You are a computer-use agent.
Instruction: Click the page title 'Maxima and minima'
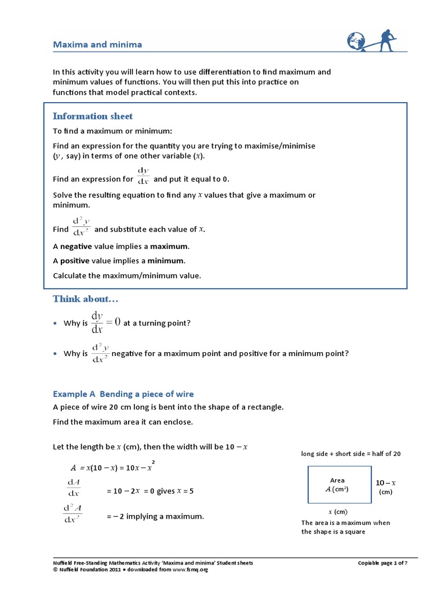97,45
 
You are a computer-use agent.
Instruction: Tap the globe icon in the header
356,41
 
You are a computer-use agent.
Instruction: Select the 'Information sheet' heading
93,116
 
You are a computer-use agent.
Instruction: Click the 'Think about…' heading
86,299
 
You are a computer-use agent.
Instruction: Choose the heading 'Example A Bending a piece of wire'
123,394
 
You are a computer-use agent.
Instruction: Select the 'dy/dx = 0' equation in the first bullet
105,323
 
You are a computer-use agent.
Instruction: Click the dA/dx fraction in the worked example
74,488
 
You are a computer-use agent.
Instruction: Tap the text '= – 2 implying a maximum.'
155,516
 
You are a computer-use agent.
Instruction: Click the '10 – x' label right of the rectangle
385,483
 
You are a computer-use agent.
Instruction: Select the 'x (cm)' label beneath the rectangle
338,512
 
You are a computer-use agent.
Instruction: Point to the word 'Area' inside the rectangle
337,480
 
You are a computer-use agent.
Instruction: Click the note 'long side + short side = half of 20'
351,454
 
